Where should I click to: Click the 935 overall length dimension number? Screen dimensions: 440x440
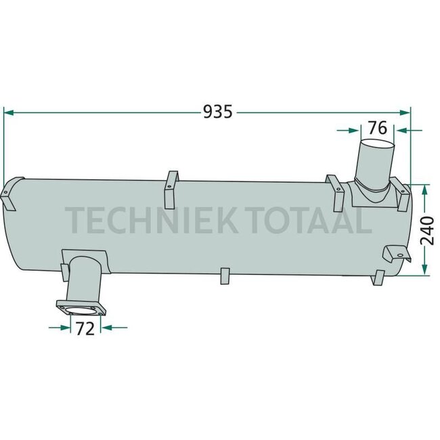[x=218, y=112]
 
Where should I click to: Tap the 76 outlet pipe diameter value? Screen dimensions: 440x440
[x=377, y=127]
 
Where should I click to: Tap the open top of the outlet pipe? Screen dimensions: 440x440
[x=376, y=146]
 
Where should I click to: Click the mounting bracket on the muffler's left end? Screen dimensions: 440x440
[x=9, y=193]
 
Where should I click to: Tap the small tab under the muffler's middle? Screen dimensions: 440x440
[x=226, y=276]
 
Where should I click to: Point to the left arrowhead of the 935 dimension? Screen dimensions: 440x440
[x=8, y=112]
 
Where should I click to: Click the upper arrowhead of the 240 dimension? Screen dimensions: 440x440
[x=424, y=189]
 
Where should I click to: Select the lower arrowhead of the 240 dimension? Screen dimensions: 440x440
[x=424, y=270]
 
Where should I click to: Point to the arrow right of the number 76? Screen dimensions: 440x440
[x=401, y=128]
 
